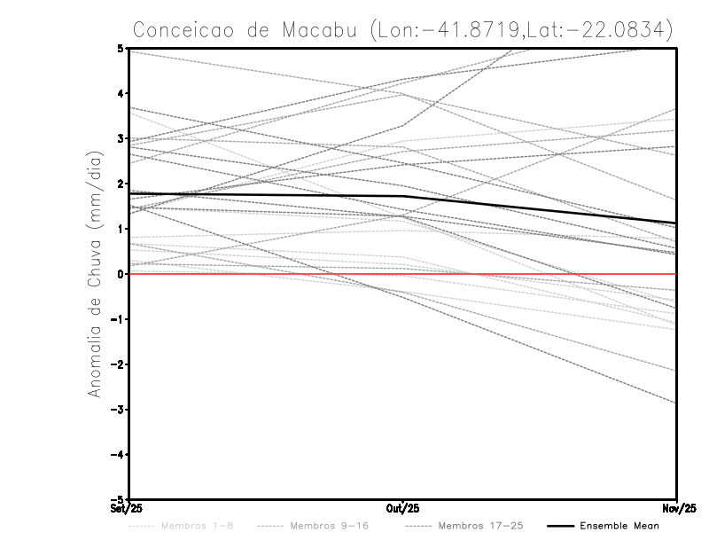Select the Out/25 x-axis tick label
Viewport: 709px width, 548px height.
[402, 508]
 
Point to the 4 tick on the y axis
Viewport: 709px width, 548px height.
[121, 94]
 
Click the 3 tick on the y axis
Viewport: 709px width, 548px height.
[121, 139]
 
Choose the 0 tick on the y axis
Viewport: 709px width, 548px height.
[121, 274]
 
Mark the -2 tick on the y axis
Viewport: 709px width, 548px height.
[118, 364]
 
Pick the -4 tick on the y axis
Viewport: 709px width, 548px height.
[118, 454]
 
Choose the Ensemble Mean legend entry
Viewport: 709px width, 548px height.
[619, 526]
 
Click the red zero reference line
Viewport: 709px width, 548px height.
[532, 274]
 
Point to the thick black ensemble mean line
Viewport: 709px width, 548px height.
[266, 194]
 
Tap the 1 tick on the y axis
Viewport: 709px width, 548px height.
[121, 229]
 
